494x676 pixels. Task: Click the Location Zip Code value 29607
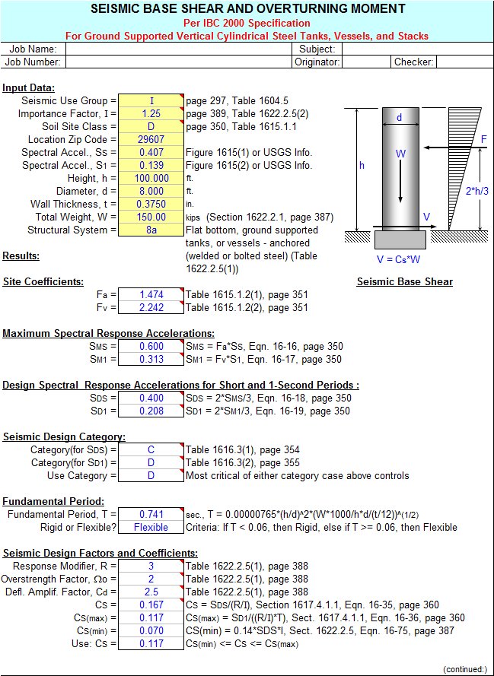tap(151, 140)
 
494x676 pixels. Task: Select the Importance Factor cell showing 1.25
tap(151, 114)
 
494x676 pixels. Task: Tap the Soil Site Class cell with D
tap(151, 127)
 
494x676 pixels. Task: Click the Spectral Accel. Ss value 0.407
tap(151, 153)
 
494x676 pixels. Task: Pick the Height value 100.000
tap(151, 179)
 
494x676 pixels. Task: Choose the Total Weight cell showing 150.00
tap(151, 217)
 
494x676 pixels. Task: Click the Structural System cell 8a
tap(151, 230)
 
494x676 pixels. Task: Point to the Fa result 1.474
tap(151, 295)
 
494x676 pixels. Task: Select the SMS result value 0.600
tap(151, 347)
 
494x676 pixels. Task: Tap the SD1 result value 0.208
tap(151, 411)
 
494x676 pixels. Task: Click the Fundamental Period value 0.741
tap(151, 515)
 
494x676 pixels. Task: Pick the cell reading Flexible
tap(151, 528)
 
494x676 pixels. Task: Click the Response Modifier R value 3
tap(151, 567)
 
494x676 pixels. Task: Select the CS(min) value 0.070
tap(151, 631)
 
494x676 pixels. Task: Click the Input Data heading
tap(28, 88)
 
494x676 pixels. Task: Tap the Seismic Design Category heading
tap(64, 437)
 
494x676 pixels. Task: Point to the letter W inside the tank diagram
tap(400, 154)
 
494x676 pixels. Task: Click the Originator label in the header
tap(317, 62)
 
